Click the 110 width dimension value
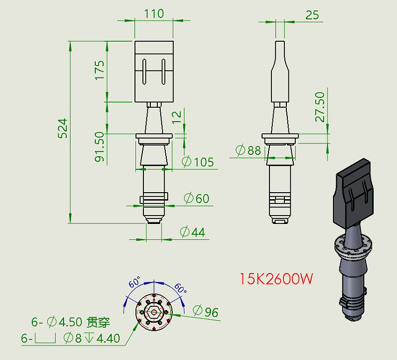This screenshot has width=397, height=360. click(x=154, y=13)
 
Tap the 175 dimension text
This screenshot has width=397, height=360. click(x=100, y=71)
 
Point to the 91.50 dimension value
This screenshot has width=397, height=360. click(x=100, y=147)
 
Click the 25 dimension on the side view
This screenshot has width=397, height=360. click(x=312, y=15)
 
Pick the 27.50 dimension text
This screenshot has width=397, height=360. click(x=320, y=107)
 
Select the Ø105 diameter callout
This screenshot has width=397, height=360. click(x=198, y=162)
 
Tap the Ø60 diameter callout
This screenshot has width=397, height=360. click(x=197, y=199)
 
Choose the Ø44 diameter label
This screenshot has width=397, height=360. click(x=192, y=232)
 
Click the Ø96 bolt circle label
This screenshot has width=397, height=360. click(x=205, y=312)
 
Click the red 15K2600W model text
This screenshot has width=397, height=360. click(x=276, y=279)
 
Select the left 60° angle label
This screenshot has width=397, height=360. click(x=134, y=283)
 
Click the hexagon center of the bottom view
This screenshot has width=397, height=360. click(x=154, y=312)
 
